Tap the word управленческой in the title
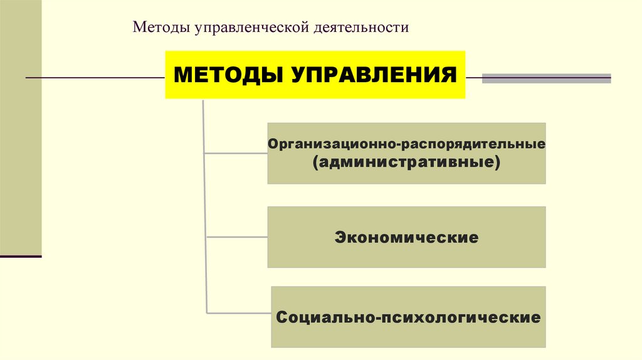[241, 28]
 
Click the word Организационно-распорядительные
[406, 144]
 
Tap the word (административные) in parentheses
[406, 162]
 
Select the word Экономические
[406, 238]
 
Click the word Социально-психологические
[408, 317]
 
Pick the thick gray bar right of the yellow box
[546, 79]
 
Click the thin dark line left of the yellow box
[94, 78]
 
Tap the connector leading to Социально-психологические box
[239, 312]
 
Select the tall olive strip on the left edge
[21, 125]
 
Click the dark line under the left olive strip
[21, 257]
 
